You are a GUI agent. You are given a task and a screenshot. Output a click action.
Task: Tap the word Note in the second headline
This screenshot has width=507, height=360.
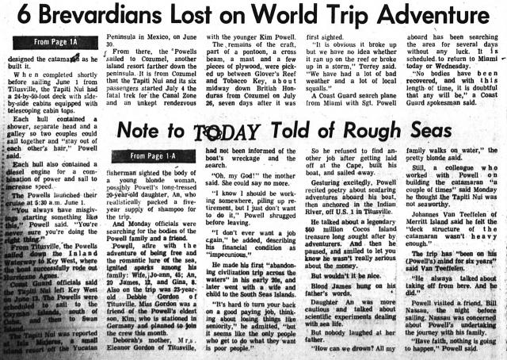point(148,135)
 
